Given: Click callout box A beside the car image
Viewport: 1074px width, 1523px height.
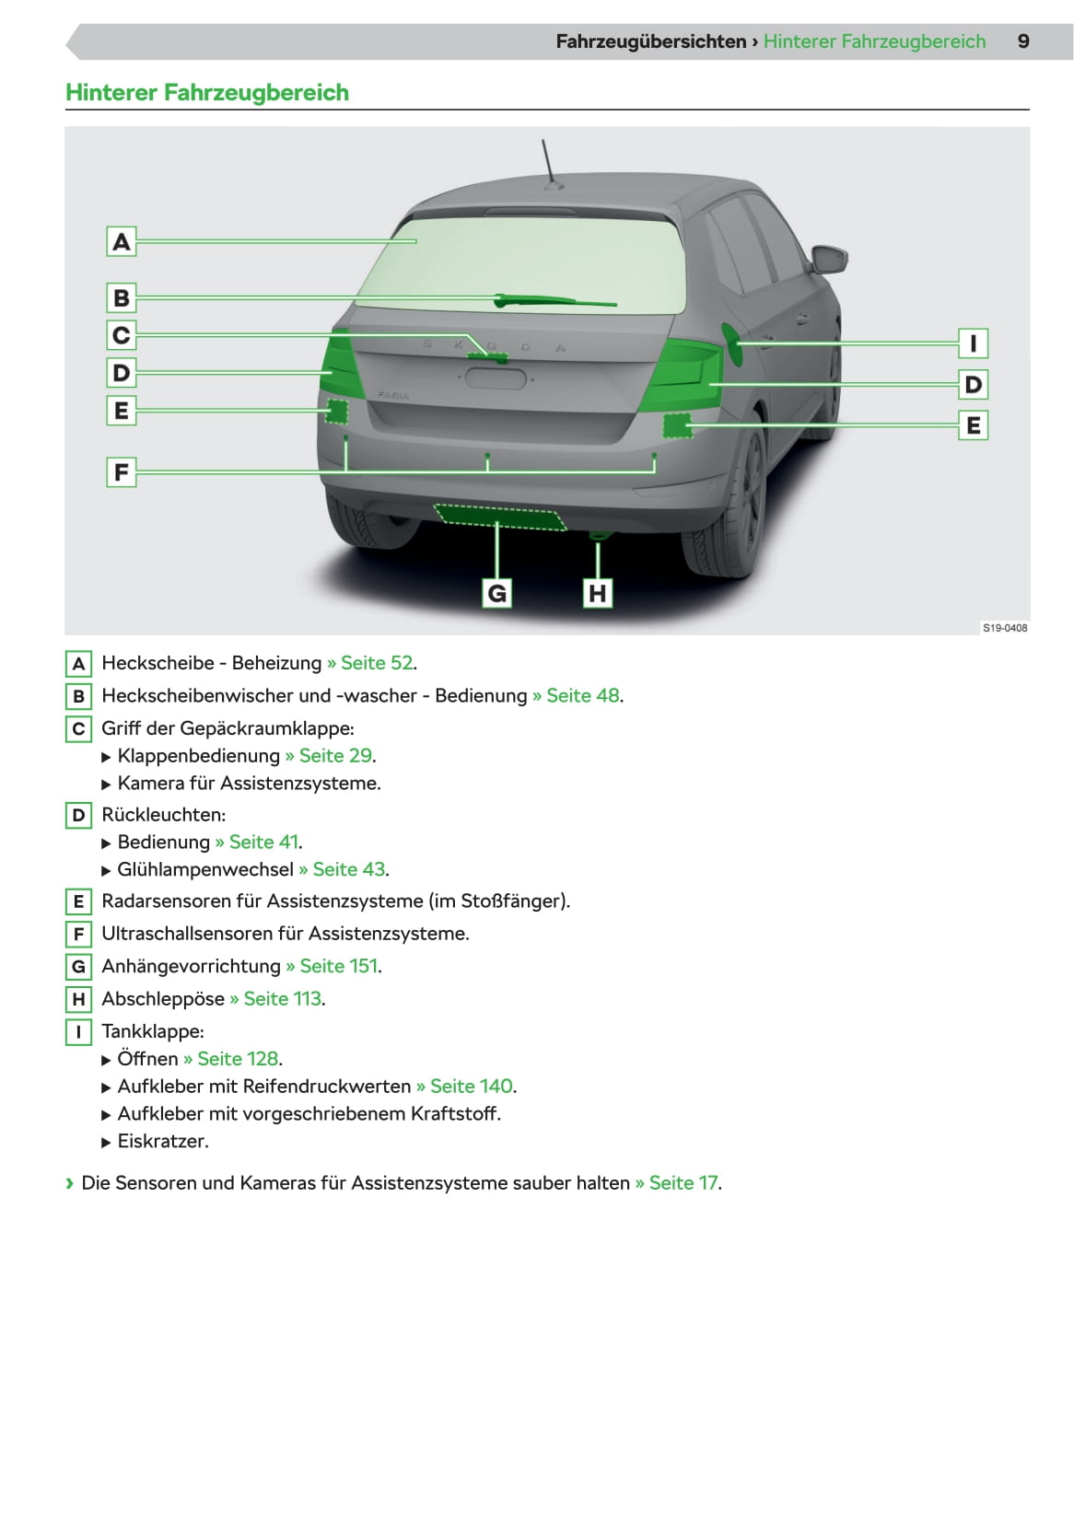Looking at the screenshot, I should (121, 242).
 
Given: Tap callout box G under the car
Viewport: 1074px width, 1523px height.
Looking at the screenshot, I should (496, 593).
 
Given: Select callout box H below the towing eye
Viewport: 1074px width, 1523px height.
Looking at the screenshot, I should (598, 593).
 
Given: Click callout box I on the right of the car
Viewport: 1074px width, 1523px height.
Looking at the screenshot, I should (973, 343).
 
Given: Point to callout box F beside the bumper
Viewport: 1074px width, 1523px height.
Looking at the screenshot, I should (121, 472).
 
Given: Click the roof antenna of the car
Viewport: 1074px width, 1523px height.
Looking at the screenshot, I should (550, 164).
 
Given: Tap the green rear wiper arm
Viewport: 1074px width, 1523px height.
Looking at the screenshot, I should (553, 300).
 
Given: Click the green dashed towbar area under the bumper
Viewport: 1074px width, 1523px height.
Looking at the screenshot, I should (499, 517).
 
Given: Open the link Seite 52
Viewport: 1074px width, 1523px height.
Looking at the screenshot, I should (377, 663).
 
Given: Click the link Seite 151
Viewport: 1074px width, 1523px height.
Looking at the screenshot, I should (339, 966).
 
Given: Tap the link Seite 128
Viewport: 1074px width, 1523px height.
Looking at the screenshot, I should (238, 1059).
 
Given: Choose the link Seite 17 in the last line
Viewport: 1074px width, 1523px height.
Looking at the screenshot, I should (683, 1183).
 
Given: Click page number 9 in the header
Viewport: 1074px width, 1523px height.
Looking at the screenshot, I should (1023, 41).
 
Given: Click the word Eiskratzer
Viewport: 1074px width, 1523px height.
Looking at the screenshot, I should (162, 1142).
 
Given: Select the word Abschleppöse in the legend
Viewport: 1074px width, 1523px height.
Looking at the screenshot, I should (163, 999).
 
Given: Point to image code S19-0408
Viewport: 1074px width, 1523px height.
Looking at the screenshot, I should (1005, 628).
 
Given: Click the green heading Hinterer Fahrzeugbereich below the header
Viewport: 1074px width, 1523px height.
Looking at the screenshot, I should (207, 93).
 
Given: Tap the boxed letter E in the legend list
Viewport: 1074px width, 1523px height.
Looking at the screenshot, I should (78, 901).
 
